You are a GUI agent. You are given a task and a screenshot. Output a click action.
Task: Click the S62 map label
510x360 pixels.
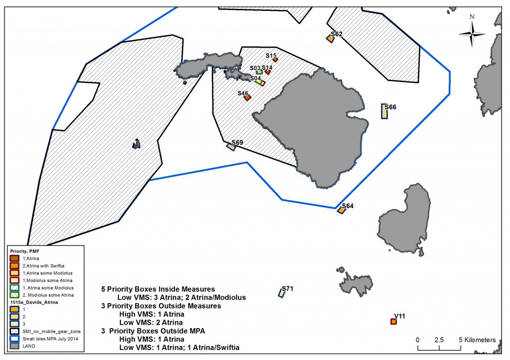336,34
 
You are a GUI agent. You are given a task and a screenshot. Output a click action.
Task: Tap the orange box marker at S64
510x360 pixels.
341,210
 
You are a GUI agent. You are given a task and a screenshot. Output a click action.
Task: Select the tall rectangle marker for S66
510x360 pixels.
384,111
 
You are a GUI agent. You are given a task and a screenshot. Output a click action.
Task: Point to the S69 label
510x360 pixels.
237,142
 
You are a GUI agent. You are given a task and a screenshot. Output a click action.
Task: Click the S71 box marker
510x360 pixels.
281,293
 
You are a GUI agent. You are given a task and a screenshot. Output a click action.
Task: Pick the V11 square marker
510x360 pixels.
393,322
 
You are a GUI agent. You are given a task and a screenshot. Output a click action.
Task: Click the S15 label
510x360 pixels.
271,55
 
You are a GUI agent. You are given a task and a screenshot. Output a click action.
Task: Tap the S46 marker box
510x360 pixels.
247,98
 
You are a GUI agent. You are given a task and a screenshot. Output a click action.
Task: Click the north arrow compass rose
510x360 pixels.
472,33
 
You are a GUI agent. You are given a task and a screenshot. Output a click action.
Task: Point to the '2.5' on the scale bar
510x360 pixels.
439,340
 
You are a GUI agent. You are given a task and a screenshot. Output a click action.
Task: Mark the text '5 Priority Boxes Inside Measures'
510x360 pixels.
158,289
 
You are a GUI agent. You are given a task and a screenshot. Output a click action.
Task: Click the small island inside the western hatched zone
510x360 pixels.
136,144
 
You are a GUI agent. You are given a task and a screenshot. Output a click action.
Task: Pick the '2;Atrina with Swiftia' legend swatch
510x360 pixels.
14,266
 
